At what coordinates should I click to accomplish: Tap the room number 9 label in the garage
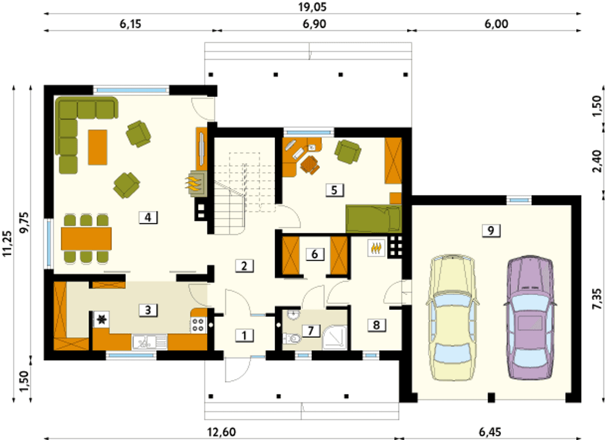[491, 231]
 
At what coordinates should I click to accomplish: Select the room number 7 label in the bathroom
[311, 331]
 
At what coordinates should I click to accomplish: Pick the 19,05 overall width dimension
[312, 7]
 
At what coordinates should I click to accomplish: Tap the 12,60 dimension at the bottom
[221, 432]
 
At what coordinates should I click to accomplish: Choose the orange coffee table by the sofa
[97, 147]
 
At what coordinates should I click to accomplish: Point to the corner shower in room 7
[335, 337]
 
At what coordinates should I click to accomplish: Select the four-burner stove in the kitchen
[199, 325]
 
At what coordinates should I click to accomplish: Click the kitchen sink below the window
[150, 342]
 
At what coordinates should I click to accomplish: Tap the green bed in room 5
[374, 215]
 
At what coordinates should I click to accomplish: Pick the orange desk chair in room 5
[310, 165]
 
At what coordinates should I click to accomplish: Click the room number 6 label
[315, 254]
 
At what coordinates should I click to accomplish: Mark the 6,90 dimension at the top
[314, 24]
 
